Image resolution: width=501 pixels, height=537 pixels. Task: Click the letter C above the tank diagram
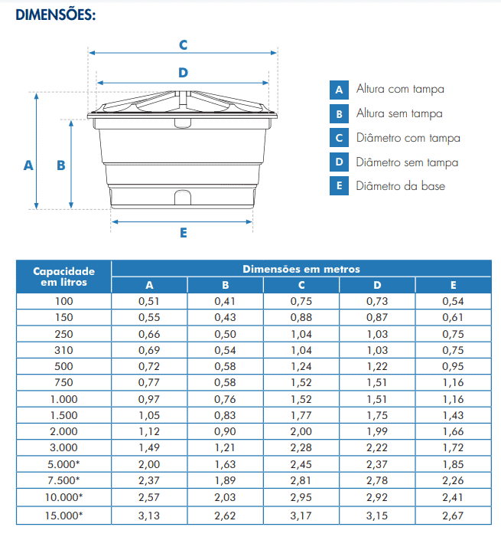tap(183, 44)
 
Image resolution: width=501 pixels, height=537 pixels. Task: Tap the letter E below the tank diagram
tap(184, 233)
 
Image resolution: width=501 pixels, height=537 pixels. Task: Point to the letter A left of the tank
tap(28, 165)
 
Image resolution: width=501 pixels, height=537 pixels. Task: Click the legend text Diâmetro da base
tap(400, 186)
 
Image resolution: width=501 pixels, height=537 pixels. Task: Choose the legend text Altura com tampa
tap(400, 90)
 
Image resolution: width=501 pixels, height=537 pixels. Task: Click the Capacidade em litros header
tap(64, 277)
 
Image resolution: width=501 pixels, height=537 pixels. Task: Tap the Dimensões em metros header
tap(301, 269)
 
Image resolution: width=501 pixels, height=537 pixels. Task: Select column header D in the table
tap(377, 285)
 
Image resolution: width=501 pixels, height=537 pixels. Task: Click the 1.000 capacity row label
tap(64, 398)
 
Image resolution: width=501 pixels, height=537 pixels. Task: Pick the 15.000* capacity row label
tap(64, 515)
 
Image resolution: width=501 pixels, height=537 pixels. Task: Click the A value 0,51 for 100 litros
tap(149, 301)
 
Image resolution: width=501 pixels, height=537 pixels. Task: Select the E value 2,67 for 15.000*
tap(453, 515)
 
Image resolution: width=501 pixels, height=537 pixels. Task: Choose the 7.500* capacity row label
tap(64, 480)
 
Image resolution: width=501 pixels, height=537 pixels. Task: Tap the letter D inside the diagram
tap(183, 73)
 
